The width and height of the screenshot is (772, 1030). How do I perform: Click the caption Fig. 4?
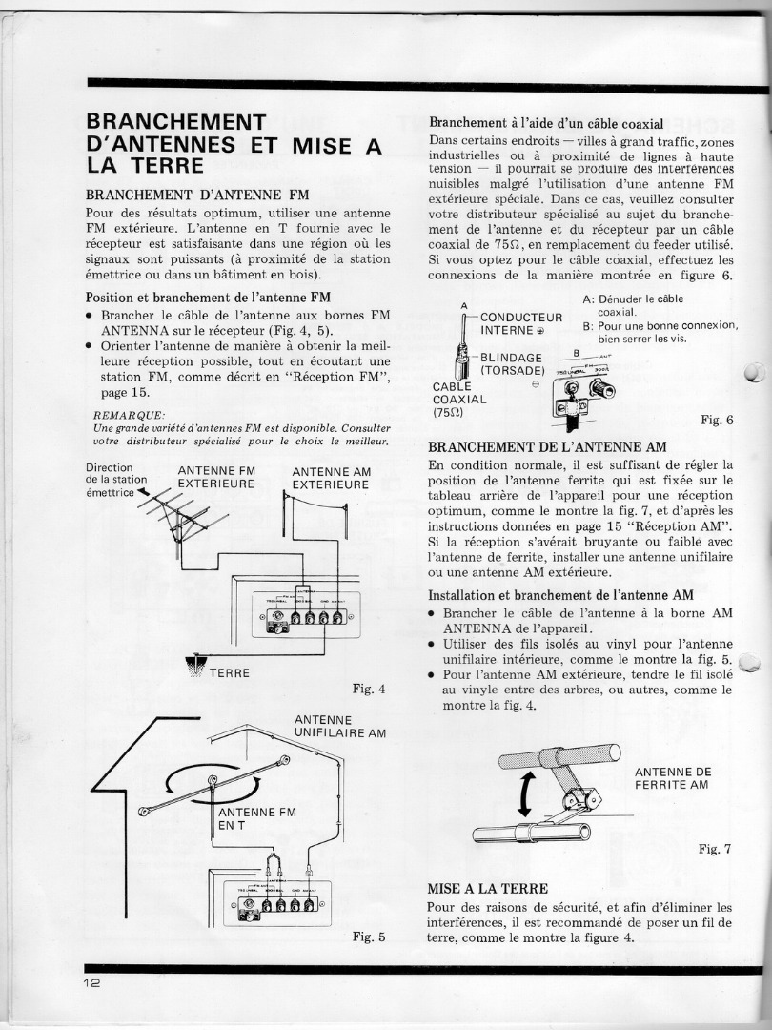(x=369, y=690)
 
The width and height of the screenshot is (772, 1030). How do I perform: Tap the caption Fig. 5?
(x=369, y=937)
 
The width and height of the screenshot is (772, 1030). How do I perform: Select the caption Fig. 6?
(x=716, y=419)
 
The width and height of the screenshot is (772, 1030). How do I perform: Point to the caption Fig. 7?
(x=715, y=849)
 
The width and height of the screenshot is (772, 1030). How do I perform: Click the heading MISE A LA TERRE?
(x=487, y=888)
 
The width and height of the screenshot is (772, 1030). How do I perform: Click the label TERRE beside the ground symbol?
(x=229, y=672)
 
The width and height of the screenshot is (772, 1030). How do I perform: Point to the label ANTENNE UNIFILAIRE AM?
(x=339, y=727)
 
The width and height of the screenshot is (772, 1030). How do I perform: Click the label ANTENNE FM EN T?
(x=256, y=818)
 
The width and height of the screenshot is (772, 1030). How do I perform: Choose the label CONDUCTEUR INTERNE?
(x=520, y=323)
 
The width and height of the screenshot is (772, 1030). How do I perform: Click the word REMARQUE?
(x=130, y=414)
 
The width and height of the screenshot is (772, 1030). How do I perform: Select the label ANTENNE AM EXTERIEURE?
(x=330, y=478)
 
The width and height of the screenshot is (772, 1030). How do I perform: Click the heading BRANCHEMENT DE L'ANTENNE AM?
(x=547, y=446)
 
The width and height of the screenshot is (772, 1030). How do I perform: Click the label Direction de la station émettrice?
(x=115, y=480)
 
